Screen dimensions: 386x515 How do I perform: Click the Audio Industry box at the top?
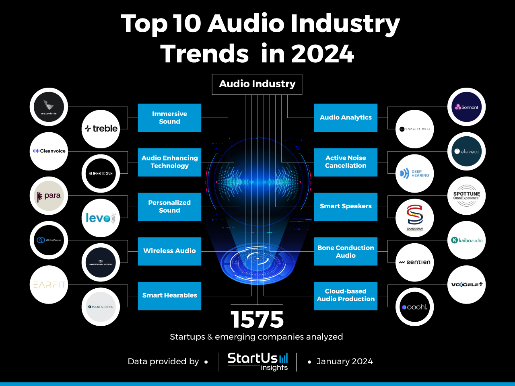point(257,84)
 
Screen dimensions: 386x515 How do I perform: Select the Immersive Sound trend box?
point(169,118)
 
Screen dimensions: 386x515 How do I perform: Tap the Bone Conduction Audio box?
point(346,251)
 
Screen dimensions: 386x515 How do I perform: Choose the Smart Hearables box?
point(169,296)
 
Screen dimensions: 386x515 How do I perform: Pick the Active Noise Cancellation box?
point(346,162)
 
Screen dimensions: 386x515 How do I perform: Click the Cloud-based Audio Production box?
point(346,296)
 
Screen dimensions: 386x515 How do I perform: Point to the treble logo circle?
point(101,129)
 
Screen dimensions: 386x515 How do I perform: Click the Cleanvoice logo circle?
point(49,151)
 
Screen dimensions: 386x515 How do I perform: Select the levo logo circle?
point(101,218)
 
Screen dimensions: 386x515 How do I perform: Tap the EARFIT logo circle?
point(49,285)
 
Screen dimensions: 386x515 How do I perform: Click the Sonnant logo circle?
point(466,107)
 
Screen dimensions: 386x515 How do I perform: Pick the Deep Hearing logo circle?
point(414,173)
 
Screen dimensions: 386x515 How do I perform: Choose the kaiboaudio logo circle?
point(466,240)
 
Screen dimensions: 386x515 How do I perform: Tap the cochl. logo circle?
point(414,307)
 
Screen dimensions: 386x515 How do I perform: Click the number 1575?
point(257,320)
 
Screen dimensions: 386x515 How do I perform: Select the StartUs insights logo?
point(258,361)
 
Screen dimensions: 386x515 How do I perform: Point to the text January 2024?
point(344,361)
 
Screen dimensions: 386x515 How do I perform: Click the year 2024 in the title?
point(322,54)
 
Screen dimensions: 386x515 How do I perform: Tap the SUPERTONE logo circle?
point(101,173)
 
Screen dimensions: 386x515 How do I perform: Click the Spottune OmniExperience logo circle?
point(466,196)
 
